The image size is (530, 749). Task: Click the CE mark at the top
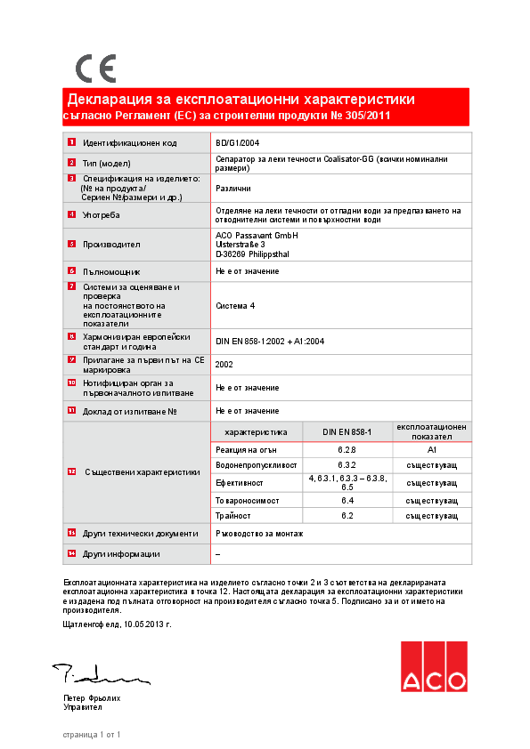tap(95, 68)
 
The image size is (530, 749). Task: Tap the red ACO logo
tap(434, 666)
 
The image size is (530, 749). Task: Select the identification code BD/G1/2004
tap(238, 142)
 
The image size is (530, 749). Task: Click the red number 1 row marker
tap(71, 142)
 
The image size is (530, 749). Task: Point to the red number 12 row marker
tap(71, 471)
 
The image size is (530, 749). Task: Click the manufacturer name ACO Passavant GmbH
tap(257, 235)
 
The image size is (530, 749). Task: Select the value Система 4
tap(235, 305)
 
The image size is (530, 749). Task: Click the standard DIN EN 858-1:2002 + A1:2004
tap(270, 341)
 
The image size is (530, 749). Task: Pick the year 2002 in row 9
tap(224, 364)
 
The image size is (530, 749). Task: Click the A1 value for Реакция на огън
tap(432, 450)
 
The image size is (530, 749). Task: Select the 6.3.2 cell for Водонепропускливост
tap(347, 465)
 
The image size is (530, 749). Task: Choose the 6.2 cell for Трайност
tap(347, 515)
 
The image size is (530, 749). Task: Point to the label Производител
tap(111, 244)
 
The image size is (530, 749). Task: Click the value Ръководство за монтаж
tap(259, 533)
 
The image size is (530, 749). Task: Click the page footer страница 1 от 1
tap(92, 735)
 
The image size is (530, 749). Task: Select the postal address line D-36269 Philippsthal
tap(252, 254)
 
